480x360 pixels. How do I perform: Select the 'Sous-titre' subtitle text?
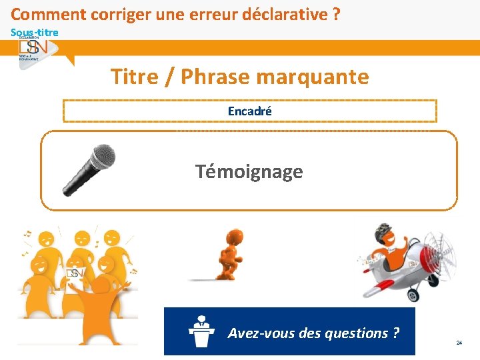click(x=34, y=32)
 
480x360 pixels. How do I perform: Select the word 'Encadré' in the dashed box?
click(x=250, y=111)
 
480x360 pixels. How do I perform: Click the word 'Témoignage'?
click(x=249, y=172)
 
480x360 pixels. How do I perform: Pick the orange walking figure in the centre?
click(x=231, y=254)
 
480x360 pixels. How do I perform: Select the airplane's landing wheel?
click(x=413, y=294)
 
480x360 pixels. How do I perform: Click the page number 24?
click(x=459, y=343)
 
